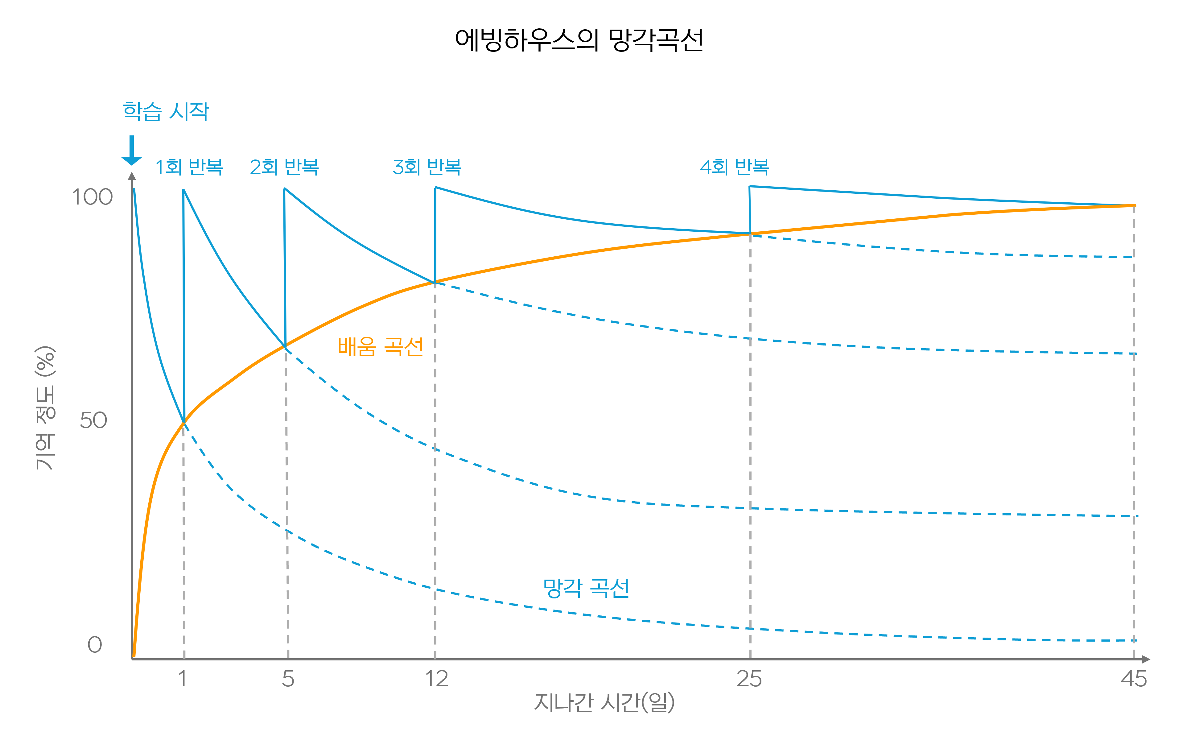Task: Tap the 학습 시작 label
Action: tap(166, 111)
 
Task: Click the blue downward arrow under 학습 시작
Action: tap(131, 151)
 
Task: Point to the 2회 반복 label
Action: tap(284, 167)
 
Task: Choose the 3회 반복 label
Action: tap(427, 167)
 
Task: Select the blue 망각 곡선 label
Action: tap(586, 588)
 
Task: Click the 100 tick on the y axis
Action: tap(93, 197)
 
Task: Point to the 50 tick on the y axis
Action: tap(93, 420)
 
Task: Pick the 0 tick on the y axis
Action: tap(95, 645)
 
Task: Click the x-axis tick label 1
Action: tap(183, 679)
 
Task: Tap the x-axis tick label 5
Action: tap(288, 679)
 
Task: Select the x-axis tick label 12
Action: tap(436, 679)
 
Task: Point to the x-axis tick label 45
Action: tap(1134, 679)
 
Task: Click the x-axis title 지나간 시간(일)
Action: tap(604, 702)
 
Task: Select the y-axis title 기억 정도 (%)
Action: tap(46, 408)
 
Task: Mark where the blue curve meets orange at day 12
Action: tap(435, 282)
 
